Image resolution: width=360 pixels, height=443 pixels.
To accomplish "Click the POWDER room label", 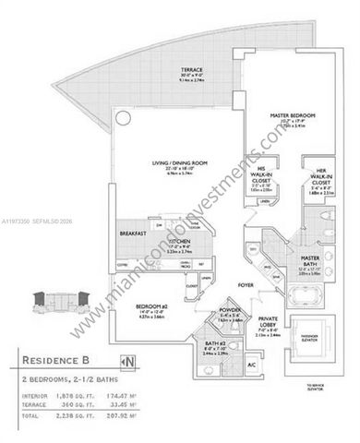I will pyautogui.click(x=205, y=312).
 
